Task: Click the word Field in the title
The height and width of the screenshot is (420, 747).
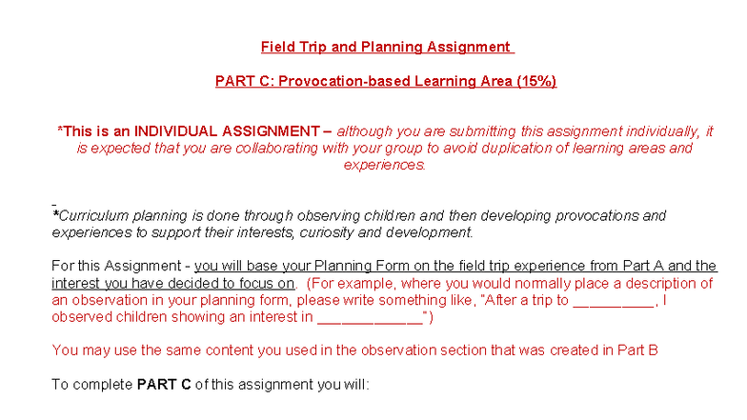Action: click(277, 47)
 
